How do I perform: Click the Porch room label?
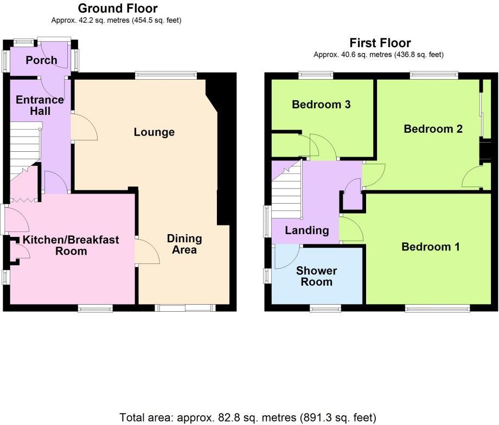[x=41, y=60]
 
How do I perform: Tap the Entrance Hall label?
[x=40, y=105]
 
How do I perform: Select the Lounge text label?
[x=154, y=132]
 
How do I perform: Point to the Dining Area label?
[x=184, y=244]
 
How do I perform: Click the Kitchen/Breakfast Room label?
[x=71, y=245]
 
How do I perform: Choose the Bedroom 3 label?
[x=321, y=104]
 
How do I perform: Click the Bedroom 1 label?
[x=431, y=247]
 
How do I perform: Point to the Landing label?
[x=307, y=230]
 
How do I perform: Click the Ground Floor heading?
[x=118, y=8]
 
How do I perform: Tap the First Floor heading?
[x=380, y=43]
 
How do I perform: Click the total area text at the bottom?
[x=248, y=417]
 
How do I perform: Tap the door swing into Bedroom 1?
[x=351, y=229]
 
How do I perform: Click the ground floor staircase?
[x=24, y=144]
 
